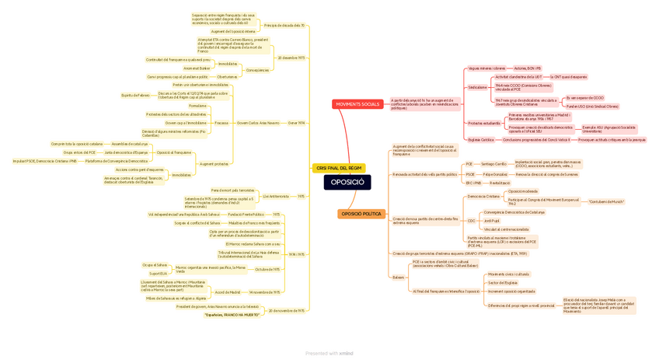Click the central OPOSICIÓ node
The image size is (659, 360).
tap(347, 182)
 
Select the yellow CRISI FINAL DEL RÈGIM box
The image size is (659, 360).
tap(339, 168)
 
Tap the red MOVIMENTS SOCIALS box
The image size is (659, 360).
tap(357, 104)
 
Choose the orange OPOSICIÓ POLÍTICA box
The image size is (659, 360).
tap(361, 214)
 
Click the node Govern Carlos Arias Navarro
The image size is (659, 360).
tap(258, 123)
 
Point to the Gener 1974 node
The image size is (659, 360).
tap(296, 123)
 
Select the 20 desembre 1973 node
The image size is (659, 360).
tap(291, 58)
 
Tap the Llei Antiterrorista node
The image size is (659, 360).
tap(276, 196)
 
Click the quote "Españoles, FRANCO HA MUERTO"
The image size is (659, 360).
tap(232, 315)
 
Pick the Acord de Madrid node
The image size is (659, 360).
tap(228, 292)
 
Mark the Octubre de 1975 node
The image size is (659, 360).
tap(267, 270)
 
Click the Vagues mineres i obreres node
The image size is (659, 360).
tap(486, 68)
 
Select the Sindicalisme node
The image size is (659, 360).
tap(478, 87)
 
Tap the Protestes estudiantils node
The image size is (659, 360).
tap(484, 123)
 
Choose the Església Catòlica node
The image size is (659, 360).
tap(481, 140)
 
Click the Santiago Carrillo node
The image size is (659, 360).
tap(493, 164)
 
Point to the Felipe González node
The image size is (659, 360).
tap(495, 174)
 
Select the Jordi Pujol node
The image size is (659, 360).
tap(492, 221)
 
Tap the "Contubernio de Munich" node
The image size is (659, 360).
tap(606, 201)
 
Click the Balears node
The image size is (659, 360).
tap(399, 277)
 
